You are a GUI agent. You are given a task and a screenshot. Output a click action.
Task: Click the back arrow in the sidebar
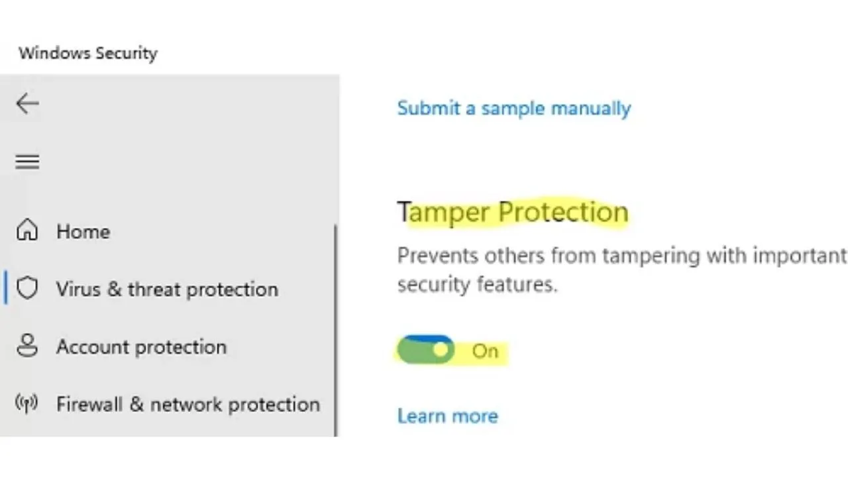point(27,103)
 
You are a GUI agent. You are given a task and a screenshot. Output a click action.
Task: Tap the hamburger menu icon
point(27,162)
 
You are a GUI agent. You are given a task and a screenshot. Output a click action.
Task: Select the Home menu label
point(83,232)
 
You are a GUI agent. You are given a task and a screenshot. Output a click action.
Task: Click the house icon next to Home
point(27,229)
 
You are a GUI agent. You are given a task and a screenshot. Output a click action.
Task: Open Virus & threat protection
point(167,290)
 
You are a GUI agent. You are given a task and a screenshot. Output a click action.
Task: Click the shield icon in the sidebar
point(27,288)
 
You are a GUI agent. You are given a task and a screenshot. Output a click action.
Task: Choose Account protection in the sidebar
point(141,347)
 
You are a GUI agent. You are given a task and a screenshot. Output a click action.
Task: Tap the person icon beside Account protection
point(27,345)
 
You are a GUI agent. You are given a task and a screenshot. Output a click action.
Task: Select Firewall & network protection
point(188,404)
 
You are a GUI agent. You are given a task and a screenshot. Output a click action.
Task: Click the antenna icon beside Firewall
point(26,403)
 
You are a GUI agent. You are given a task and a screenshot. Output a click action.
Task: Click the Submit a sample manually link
point(514,109)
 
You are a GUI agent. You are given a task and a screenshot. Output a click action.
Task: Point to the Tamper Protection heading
point(513,213)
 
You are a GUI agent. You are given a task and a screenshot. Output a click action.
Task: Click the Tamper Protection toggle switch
point(426,349)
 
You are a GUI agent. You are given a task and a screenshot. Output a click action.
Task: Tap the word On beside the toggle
point(485,351)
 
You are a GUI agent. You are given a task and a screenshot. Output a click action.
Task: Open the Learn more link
point(448,417)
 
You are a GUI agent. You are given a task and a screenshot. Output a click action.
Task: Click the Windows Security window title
point(88,54)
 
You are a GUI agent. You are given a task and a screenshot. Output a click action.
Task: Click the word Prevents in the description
point(438,256)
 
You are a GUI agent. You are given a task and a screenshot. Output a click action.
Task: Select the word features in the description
point(517,285)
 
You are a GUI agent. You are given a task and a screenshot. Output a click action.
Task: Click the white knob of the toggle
point(441,349)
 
